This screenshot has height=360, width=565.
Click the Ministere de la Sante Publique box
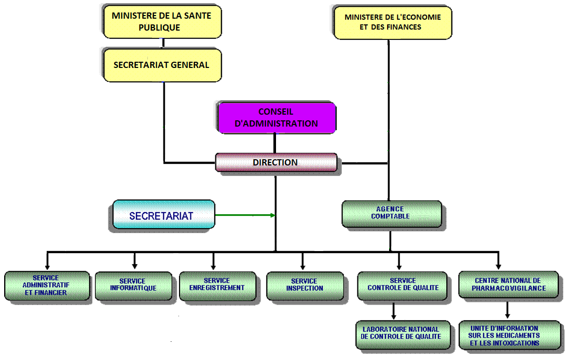(x=162, y=21)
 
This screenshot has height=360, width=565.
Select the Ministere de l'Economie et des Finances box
(x=392, y=22)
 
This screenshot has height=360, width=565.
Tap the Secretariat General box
(x=162, y=65)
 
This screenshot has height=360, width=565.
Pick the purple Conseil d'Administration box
(x=276, y=118)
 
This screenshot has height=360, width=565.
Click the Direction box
(x=275, y=162)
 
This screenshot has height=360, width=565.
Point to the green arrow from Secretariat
(x=244, y=215)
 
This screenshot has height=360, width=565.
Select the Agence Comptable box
(x=392, y=213)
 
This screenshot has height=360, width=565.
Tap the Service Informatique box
(x=133, y=285)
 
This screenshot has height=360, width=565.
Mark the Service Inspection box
(x=305, y=285)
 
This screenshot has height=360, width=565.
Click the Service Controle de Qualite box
(x=402, y=285)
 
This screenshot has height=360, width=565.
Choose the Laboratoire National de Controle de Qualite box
(x=401, y=333)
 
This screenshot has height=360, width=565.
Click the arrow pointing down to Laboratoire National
(x=394, y=311)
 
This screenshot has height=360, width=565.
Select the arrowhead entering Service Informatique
(x=134, y=265)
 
